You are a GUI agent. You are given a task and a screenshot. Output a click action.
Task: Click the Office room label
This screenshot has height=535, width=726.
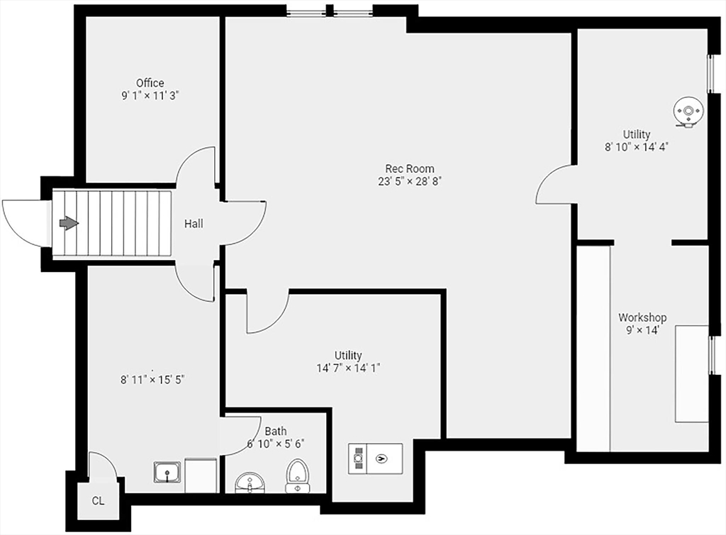point(150,83)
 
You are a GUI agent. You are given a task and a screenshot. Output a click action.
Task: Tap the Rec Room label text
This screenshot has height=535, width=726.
point(410,169)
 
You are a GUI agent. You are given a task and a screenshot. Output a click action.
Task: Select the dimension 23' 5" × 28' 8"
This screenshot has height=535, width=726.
point(410,181)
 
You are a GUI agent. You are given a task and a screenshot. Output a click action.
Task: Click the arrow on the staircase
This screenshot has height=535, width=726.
point(69,223)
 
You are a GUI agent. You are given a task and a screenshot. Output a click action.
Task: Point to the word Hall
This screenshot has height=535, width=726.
point(194,224)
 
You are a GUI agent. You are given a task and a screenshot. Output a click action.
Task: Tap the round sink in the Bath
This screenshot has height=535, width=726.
point(250,483)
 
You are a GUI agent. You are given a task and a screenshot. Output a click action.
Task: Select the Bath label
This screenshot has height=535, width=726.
point(276,431)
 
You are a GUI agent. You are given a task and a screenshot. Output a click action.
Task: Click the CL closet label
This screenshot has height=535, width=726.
point(98,501)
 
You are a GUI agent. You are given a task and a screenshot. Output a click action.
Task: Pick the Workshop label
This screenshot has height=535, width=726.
point(642,317)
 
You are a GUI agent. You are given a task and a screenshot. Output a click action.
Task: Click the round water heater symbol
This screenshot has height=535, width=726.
point(688,111)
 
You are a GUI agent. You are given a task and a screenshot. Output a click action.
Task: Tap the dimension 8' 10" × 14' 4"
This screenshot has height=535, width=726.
point(637,147)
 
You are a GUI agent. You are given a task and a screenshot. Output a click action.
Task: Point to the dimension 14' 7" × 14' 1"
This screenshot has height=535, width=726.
point(349,368)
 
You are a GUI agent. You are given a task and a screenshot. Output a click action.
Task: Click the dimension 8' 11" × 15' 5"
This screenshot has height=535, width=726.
point(152,379)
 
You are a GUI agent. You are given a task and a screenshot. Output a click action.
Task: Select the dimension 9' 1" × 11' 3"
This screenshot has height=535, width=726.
point(150,96)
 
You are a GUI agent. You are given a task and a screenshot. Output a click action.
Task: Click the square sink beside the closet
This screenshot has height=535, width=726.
point(167,471)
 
